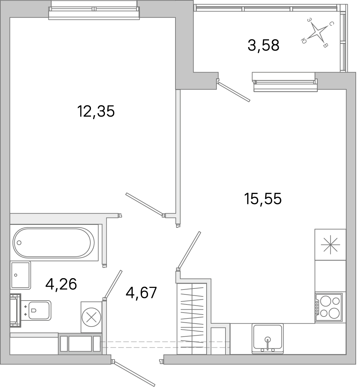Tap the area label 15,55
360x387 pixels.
click(x=263, y=199)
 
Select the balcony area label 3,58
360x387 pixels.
click(x=263, y=45)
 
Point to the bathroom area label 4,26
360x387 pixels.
click(x=61, y=284)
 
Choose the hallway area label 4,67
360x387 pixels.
click(x=141, y=293)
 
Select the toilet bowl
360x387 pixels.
click(x=39, y=311)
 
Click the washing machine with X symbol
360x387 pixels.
click(x=91, y=317)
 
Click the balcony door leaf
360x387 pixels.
click(x=234, y=92)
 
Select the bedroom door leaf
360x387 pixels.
click(x=144, y=204)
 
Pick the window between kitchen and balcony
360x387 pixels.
click(x=285, y=82)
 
